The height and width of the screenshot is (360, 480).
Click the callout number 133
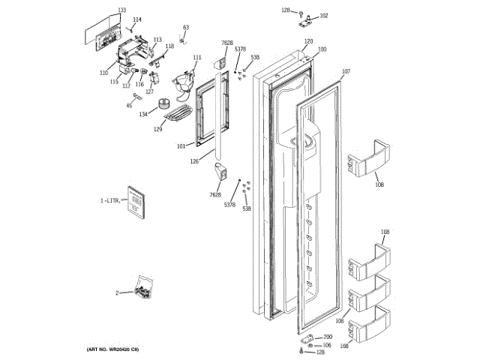101,10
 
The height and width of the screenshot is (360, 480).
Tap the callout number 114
137,19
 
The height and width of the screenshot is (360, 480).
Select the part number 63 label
186,27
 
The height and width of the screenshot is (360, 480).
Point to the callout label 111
197,58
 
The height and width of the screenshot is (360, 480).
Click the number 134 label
142,115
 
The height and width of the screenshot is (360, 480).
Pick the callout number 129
158,130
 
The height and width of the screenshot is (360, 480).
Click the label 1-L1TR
111,201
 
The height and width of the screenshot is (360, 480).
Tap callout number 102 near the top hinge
324,15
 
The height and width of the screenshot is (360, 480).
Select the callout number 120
308,41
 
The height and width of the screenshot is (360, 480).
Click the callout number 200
328,337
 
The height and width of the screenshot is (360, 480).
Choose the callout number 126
194,160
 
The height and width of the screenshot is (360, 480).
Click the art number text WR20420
117,349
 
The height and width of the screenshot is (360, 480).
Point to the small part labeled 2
141,288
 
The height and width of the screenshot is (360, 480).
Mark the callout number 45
128,106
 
